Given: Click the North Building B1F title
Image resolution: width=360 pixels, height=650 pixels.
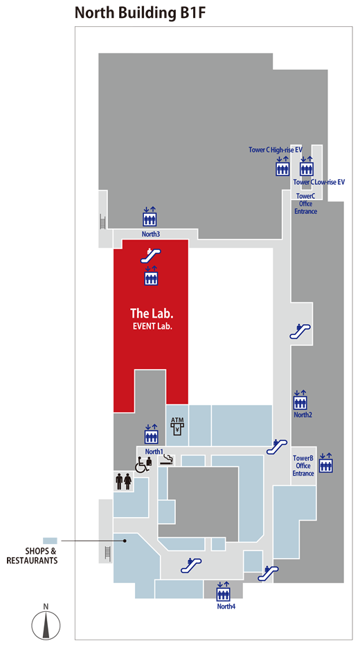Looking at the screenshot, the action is pos(140,13).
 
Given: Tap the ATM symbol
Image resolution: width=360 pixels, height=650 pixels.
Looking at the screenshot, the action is pos(177,426).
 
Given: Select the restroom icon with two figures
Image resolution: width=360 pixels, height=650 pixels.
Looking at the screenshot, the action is pos(124,481).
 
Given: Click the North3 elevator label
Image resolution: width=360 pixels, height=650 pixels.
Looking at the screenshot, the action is pos(150,234).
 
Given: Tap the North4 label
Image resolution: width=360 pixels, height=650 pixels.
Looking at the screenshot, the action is pos(226,606).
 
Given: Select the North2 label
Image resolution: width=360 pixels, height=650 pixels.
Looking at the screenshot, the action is pos(303,415).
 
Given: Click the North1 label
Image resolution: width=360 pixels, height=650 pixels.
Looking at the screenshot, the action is pos(154,451).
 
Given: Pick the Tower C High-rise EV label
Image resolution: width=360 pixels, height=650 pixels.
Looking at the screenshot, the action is pos(276,150).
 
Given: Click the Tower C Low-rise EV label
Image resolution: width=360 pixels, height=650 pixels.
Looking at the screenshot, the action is pos(319,182).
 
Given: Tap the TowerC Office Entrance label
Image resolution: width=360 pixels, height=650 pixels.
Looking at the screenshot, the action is pos(306,204).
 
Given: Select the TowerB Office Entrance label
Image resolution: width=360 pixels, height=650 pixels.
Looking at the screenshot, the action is pos(303,466).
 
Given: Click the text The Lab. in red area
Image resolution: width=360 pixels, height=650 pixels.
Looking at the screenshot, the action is pos(152,313).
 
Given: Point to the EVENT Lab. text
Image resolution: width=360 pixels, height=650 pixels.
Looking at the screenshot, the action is pos(152,326).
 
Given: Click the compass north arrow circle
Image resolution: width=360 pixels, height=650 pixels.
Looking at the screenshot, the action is pos(46,624).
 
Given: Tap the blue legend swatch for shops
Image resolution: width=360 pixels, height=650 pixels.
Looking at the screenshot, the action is pos(50,541).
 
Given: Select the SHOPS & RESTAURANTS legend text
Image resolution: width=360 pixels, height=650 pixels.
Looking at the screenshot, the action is pos(32,556).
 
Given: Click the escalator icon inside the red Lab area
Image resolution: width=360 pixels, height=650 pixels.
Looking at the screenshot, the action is pos(150,255).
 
